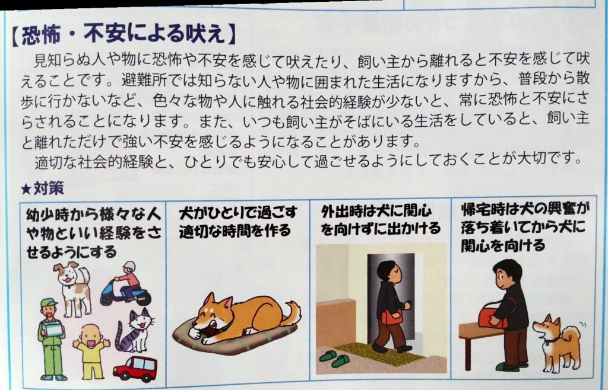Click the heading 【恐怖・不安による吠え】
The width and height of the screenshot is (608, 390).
pyautogui.click(x=123, y=34)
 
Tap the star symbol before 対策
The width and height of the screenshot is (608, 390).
pyautogui.click(x=26, y=189)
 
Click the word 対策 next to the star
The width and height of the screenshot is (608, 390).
pyautogui.click(x=49, y=188)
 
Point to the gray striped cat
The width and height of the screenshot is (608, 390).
pyautogui.click(x=135, y=331)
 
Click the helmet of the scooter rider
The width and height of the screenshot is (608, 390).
pyautogui.click(x=129, y=267)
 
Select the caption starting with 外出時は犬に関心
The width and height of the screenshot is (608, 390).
pyautogui.click(x=380, y=220)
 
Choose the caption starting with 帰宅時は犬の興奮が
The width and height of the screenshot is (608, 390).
pyautogui.click(x=524, y=228)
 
